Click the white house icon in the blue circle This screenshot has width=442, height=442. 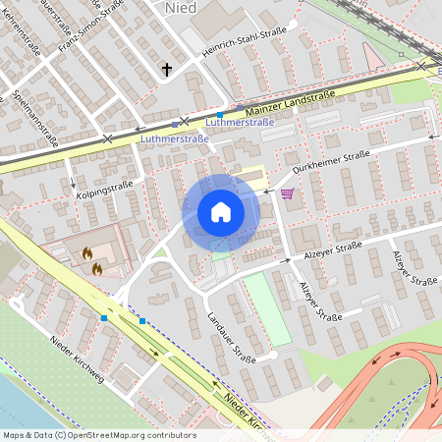[x=221, y=211]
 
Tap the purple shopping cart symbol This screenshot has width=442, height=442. [x=287, y=193]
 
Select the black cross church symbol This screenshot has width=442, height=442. [x=167, y=70]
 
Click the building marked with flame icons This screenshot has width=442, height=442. [x=91, y=257]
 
